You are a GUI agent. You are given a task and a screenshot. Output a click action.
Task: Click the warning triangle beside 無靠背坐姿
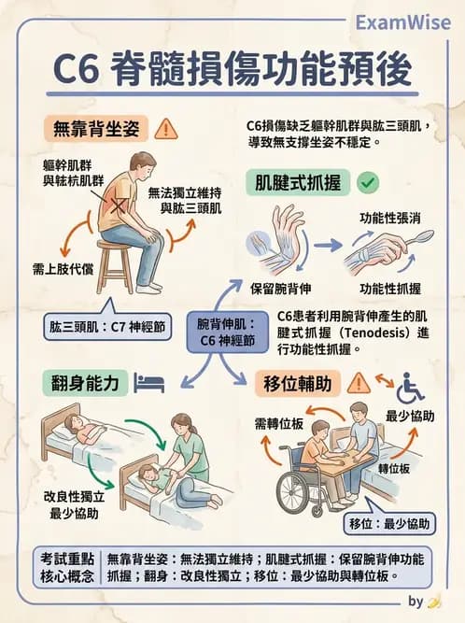coord(167,128)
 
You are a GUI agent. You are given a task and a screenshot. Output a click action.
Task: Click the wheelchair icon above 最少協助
coord(410,387)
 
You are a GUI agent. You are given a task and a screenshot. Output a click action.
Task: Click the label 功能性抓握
coord(389,289)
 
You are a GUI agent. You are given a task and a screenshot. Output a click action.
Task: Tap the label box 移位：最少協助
coord(391,522)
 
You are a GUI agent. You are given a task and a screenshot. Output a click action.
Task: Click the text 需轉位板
coord(280,423)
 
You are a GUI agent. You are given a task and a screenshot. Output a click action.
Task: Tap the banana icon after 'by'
coord(433,601)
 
